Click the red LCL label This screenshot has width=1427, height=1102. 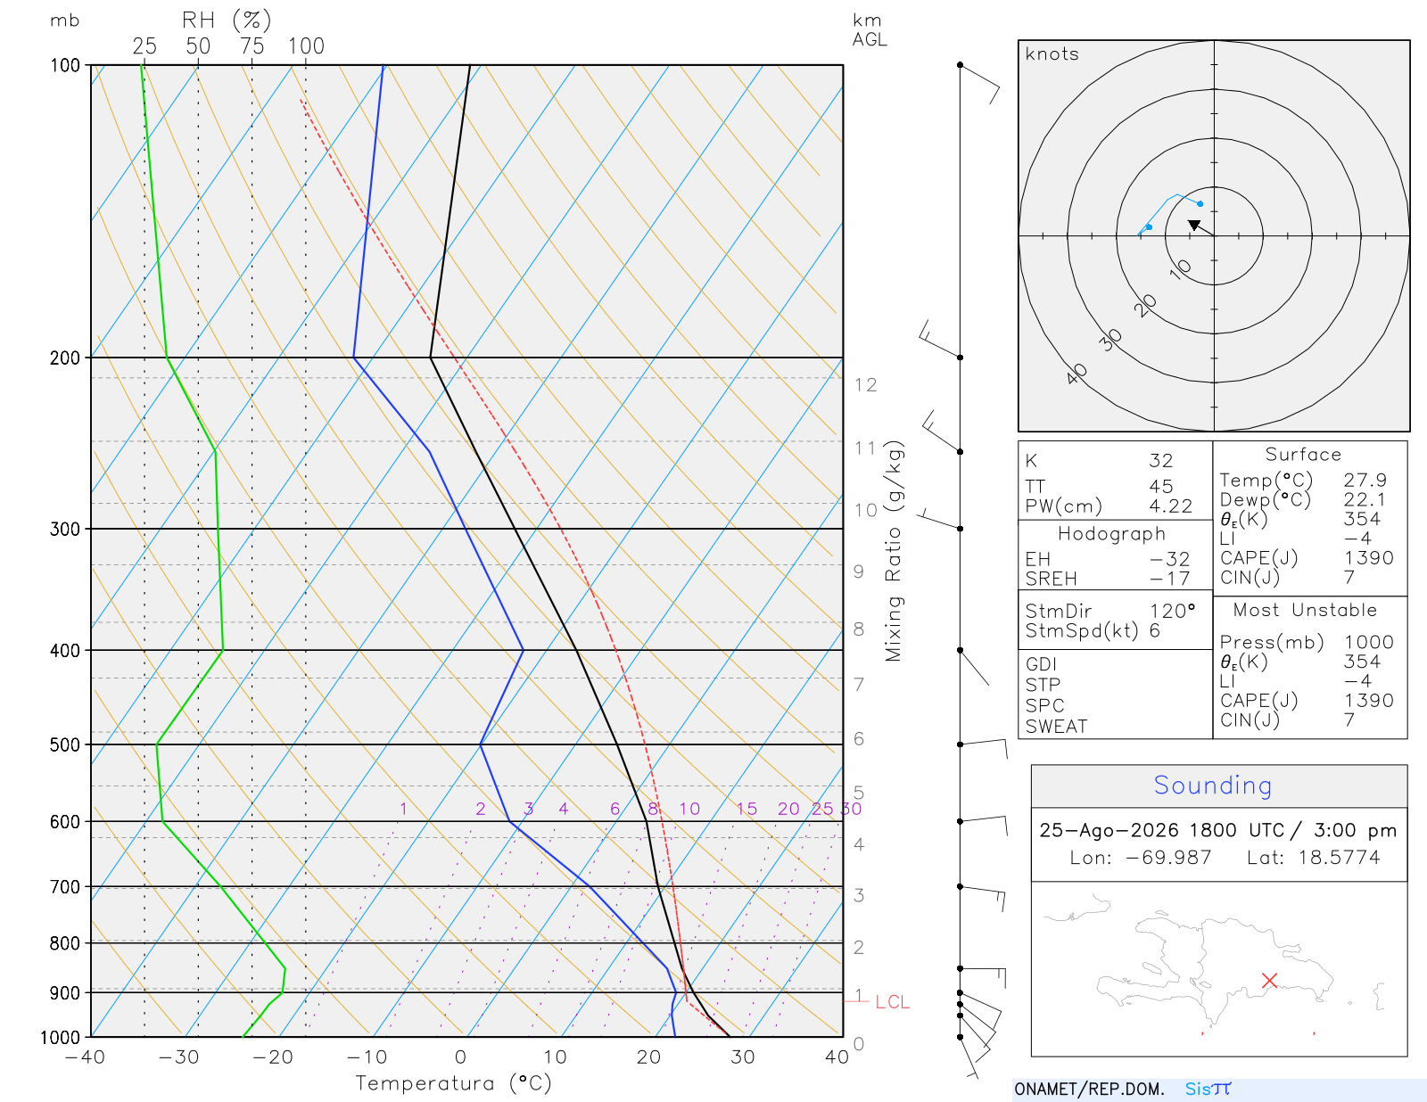tap(892, 1001)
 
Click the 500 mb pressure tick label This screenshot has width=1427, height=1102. tap(64, 745)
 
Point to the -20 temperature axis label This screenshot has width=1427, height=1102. tap(272, 1057)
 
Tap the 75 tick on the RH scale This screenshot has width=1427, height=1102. tap(252, 46)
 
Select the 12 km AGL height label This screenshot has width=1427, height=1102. tap(865, 384)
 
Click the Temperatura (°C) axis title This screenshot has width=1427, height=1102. tap(453, 1083)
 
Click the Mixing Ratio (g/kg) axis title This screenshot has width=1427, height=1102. tap(894, 551)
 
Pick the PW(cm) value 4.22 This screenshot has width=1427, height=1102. tap(1170, 506)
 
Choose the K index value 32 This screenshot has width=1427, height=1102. tap(1161, 460)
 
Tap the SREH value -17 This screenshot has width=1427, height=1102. tap(1169, 579)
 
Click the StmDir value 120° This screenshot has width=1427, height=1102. tap(1172, 611)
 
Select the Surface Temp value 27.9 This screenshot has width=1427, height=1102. tap(1365, 480)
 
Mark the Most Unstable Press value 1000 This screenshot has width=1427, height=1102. tap(1368, 641)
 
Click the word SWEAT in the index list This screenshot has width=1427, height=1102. tap(1056, 726)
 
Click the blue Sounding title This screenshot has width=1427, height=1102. tap(1212, 785)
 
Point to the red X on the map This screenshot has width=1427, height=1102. tap(1269, 980)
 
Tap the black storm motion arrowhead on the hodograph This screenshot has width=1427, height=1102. tap(1194, 226)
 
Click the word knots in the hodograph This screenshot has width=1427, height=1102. tap(1052, 53)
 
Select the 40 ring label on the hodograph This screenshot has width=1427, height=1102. tap(1076, 374)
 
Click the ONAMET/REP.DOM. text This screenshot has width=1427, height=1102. tap(1089, 1089)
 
